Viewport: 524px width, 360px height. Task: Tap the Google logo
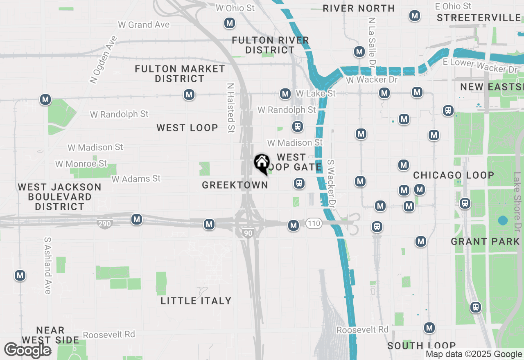28,350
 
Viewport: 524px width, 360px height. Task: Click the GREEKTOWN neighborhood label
235,185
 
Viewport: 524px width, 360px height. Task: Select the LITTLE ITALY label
196,301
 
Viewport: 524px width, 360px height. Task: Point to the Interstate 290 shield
105,223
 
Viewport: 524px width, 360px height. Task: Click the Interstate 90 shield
248,233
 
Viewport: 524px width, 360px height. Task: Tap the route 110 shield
314,223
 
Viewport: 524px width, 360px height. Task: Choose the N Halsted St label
231,108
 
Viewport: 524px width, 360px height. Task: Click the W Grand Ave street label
144,25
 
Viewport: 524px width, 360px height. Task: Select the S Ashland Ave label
48,265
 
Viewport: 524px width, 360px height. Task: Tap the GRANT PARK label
485,241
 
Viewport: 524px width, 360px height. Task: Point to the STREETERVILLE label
479,18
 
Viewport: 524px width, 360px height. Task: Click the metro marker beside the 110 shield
293,225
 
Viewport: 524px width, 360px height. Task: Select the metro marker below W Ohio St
230,23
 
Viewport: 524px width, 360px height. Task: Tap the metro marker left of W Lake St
285,94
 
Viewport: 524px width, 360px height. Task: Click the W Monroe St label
81,164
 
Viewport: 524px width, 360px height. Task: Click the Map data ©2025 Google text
474,354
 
